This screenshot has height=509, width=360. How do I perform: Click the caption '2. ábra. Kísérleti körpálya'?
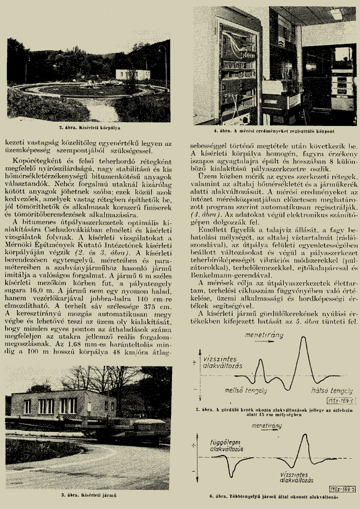click(x=91, y=127)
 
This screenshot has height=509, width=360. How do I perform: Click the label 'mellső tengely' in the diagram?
click(x=245, y=390)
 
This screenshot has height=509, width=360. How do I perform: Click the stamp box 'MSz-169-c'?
click(x=342, y=402)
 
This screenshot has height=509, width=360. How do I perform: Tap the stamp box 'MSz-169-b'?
click(x=342, y=488)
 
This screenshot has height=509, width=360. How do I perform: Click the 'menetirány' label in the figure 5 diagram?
click(x=264, y=335)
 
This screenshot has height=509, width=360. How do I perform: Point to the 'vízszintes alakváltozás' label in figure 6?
click(x=298, y=477)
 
